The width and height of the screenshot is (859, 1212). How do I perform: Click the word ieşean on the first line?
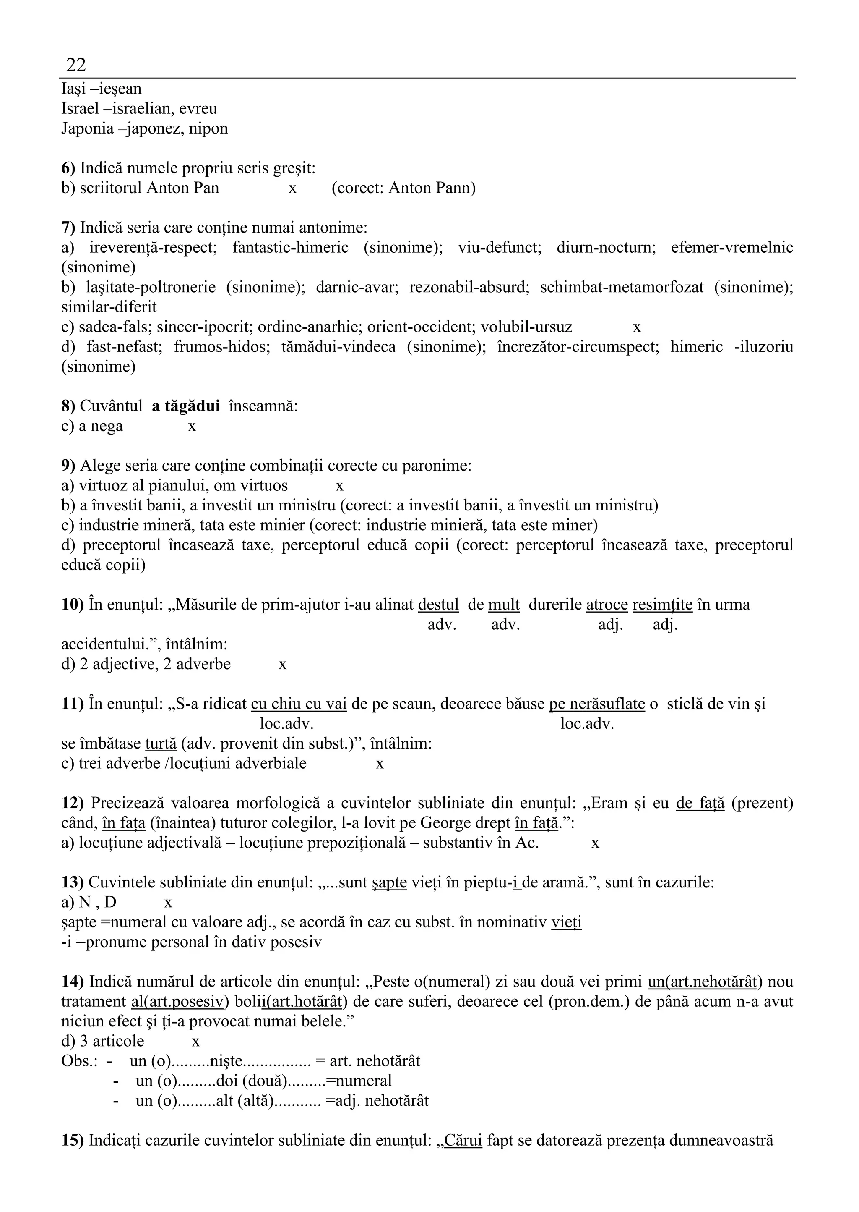point(120,89)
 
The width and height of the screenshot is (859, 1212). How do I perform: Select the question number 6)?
point(68,168)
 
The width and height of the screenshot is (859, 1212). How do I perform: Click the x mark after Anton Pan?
point(292,188)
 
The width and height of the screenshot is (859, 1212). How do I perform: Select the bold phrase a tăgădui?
point(186,406)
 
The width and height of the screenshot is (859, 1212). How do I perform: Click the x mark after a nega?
point(192,427)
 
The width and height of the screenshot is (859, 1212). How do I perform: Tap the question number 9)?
point(68,466)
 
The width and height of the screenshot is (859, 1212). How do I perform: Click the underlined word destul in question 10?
point(438,605)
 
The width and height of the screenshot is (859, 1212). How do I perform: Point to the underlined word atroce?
point(607,605)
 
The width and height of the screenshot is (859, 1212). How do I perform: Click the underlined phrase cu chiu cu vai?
point(299,704)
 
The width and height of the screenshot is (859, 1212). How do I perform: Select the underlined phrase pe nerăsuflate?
point(597,704)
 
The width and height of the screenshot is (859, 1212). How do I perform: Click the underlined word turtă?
point(161,743)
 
